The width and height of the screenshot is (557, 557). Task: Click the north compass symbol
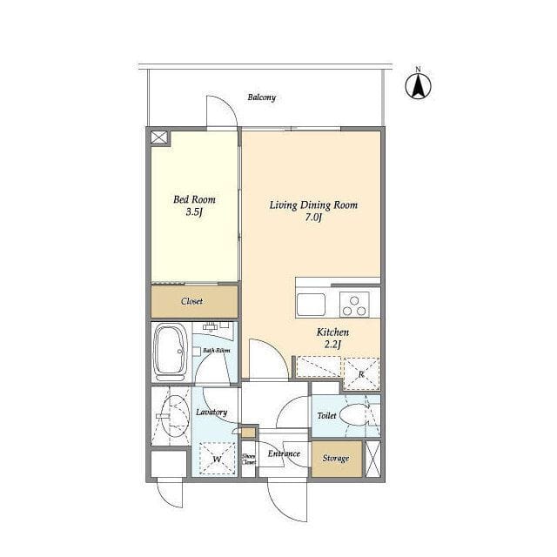[418, 85]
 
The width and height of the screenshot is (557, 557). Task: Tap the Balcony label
[262, 97]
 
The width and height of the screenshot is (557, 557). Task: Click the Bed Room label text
[194, 199]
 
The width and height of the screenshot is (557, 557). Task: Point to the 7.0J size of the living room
[313, 218]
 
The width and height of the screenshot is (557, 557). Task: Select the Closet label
[191, 301]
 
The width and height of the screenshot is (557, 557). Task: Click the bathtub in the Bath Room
[171, 352]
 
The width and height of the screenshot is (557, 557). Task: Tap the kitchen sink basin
[312, 305]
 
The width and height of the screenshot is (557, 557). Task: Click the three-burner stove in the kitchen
[354, 305]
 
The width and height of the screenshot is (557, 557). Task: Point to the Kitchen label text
[332, 332]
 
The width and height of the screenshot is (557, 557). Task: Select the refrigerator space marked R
[361, 373]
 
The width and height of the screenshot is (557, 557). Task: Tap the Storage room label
[336, 459]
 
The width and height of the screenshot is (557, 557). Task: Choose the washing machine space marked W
[218, 459]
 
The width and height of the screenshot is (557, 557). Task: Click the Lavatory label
[211, 412]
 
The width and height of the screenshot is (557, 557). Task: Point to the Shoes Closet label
[249, 459]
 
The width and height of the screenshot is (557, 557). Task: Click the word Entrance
[284, 453]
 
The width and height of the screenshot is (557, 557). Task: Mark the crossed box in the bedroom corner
[158, 138]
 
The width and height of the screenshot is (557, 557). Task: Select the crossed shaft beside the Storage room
[372, 459]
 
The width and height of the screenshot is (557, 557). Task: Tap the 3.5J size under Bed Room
[194, 212]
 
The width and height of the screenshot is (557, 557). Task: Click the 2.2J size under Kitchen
[332, 345]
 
